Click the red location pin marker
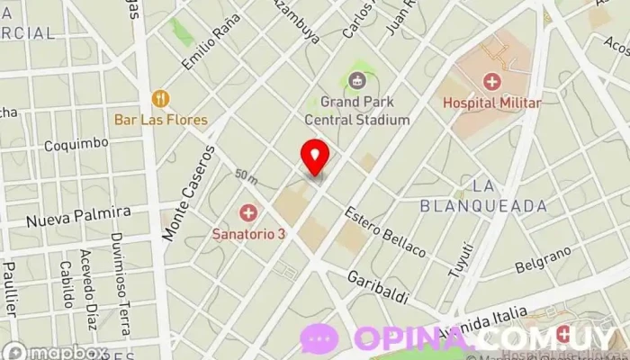point(315,157)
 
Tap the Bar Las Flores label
point(160,120)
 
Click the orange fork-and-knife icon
point(160,98)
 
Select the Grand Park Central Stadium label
point(357,111)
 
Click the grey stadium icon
point(357,81)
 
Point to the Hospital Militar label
point(491,103)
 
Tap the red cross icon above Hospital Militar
point(492,82)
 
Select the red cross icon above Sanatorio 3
point(247,213)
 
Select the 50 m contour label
point(244,173)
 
